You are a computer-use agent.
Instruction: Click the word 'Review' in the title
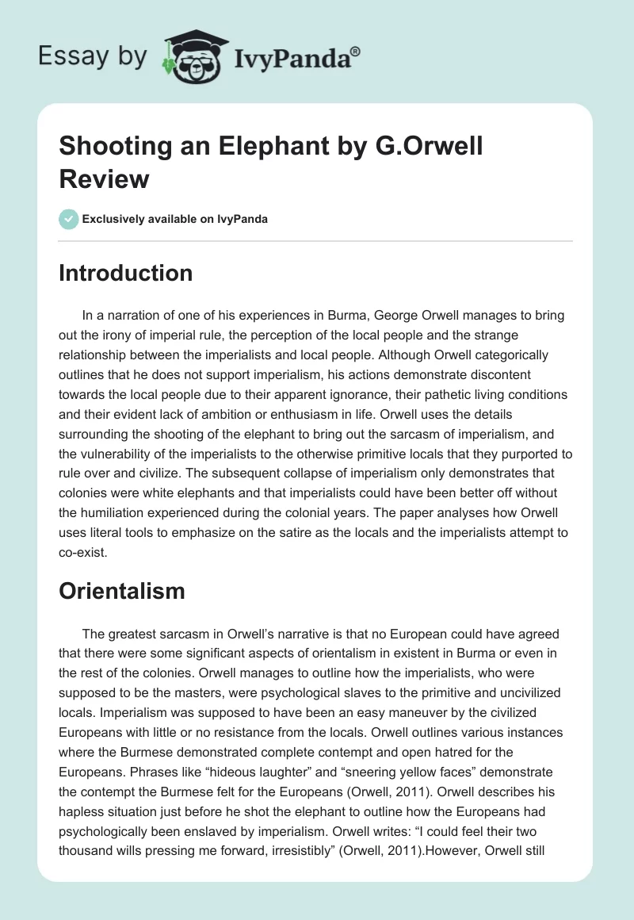coord(104,178)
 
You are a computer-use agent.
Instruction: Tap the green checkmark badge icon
coord(69,219)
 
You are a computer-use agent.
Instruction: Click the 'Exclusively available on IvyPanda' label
coord(174,220)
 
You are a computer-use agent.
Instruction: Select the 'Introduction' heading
coord(125,273)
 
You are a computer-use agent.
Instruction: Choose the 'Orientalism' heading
coord(122,590)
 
